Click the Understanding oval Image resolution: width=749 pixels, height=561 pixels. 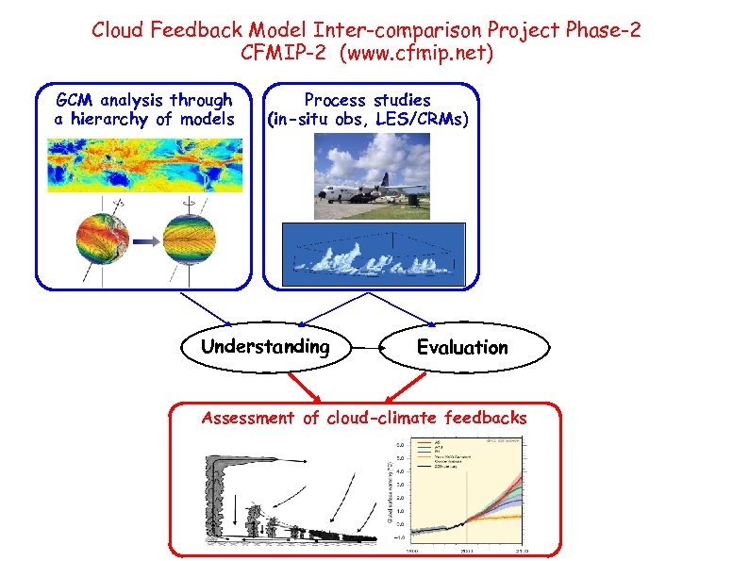click(x=265, y=347)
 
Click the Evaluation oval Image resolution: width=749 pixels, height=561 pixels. click(x=462, y=348)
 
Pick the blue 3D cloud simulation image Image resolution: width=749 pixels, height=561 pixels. click(x=374, y=255)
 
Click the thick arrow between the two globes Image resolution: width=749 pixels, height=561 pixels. click(x=144, y=240)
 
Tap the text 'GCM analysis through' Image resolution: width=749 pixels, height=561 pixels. click(x=144, y=100)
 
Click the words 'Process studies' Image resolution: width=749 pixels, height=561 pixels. click(x=367, y=100)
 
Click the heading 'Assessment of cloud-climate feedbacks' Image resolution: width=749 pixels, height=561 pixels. click(x=364, y=418)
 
